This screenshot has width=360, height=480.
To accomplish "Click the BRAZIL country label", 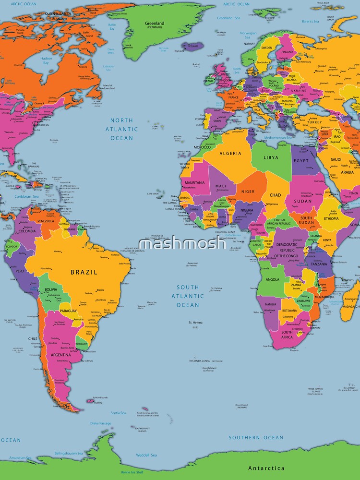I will click(84, 272).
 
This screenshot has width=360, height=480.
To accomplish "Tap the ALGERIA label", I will click(230, 154).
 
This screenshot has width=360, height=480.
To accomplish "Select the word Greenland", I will click(155, 23).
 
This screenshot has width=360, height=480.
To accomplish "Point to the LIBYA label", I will click(271, 157).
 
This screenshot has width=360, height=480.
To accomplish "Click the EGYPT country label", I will click(301, 161).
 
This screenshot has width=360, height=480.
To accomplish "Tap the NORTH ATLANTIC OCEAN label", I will click(121, 129).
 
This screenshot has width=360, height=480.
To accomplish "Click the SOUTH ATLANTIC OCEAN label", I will click(187, 296).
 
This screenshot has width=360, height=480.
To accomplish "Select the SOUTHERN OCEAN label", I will click(256, 437).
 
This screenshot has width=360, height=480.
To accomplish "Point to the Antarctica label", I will click(266, 468).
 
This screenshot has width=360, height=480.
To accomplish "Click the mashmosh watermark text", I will click(182, 244).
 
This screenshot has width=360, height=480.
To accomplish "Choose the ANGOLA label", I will click(272, 279).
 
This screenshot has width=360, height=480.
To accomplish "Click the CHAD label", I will click(275, 195).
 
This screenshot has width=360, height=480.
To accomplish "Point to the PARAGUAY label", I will click(69, 311).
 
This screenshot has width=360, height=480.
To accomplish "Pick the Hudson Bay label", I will click(46, 60).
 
